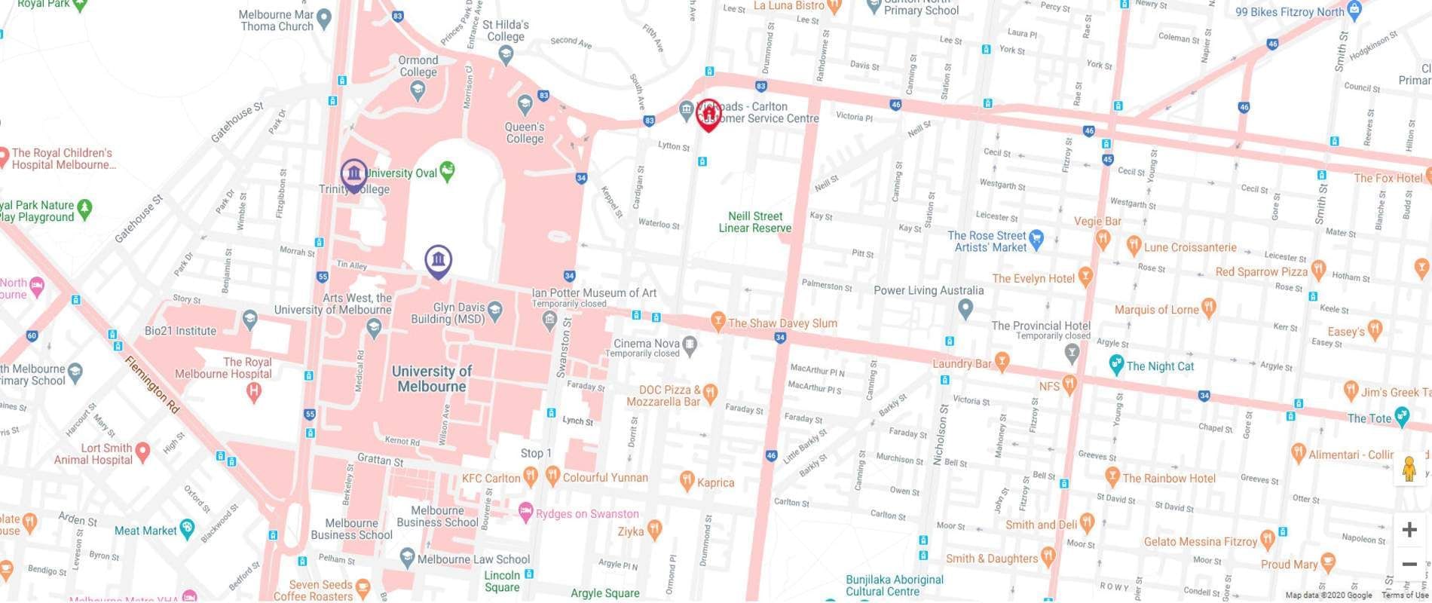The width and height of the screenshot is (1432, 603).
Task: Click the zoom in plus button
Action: (1409, 530)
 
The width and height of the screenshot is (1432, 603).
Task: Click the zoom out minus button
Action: (1409, 565)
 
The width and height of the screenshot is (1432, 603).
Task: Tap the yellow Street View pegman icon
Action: (1409, 469)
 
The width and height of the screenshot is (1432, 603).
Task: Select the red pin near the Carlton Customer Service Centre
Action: (707, 115)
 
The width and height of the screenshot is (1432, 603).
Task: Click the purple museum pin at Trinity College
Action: (353, 174)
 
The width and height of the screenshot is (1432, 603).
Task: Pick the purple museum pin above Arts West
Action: (438, 261)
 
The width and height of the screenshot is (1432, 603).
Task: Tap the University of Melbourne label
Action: (432, 378)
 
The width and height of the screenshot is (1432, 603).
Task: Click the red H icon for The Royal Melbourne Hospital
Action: (254, 390)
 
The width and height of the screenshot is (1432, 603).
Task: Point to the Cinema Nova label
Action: (647, 343)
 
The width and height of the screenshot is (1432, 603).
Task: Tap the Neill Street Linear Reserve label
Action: (754, 222)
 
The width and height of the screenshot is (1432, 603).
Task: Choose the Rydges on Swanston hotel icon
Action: (527, 513)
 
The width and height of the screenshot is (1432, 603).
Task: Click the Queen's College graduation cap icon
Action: (525, 104)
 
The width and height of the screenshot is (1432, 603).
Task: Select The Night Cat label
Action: (1160, 366)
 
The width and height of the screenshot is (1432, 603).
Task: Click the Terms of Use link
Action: (1405, 595)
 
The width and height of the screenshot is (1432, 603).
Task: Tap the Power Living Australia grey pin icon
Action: (965, 308)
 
